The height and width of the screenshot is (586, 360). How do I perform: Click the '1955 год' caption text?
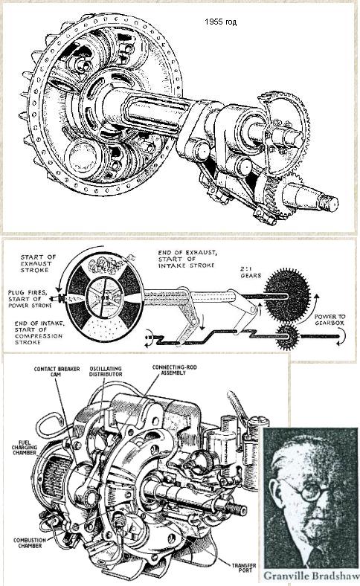[221, 22]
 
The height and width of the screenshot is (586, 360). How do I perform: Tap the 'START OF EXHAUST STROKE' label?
[38, 263]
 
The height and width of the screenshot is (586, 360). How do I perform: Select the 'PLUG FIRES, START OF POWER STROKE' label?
[30, 299]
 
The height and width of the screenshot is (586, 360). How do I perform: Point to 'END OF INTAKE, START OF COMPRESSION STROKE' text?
[39, 332]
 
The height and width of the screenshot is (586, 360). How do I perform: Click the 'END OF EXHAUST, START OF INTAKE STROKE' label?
[187, 259]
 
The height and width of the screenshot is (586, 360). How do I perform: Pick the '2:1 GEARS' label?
[251, 271]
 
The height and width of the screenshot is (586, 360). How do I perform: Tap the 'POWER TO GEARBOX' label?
[330, 320]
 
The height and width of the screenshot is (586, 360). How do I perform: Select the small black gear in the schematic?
[287, 337]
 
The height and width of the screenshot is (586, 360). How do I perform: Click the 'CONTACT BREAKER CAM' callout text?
[57, 372]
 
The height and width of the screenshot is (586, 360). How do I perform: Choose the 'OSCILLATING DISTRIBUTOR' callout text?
[106, 372]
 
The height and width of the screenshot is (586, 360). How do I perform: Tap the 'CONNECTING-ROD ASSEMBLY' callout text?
[175, 370]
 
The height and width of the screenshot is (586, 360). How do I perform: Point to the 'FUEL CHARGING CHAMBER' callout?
[25, 447]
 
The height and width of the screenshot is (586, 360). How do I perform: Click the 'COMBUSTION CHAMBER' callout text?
[30, 543]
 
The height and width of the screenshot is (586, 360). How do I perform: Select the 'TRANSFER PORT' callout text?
[244, 568]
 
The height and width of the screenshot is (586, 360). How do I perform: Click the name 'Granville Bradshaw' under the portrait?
[310, 575]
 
